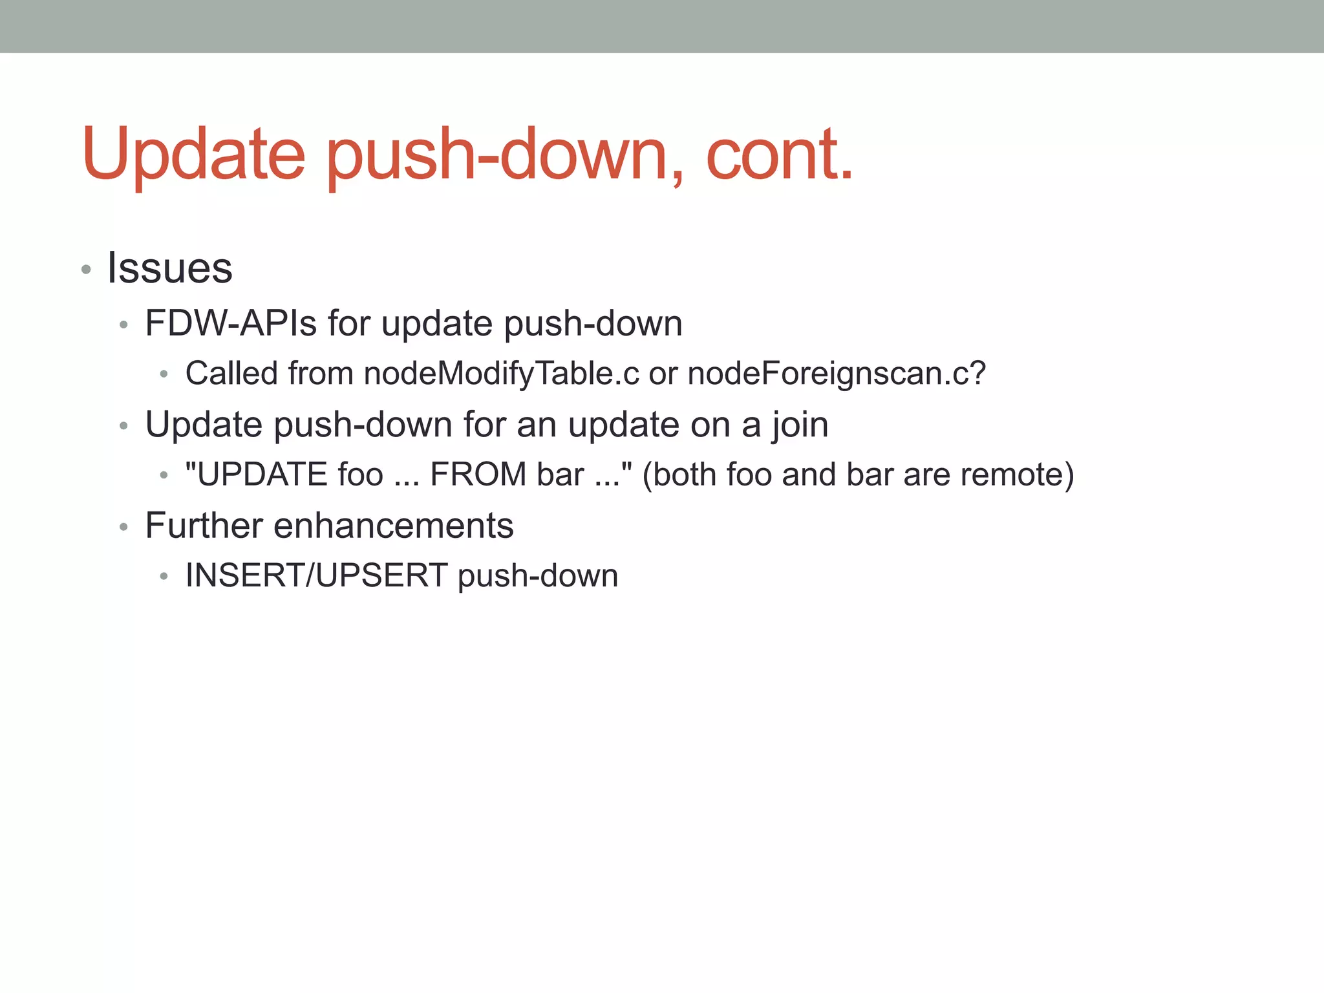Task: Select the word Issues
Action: (x=169, y=268)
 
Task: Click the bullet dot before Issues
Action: (x=86, y=270)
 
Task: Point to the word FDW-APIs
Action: (x=231, y=323)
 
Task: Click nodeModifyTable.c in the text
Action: (x=501, y=374)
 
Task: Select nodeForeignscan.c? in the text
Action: (x=836, y=374)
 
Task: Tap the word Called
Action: (x=232, y=374)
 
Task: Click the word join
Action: (x=800, y=425)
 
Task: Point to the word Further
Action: (x=203, y=526)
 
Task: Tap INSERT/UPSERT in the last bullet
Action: (x=316, y=575)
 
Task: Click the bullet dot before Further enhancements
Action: (x=123, y=528)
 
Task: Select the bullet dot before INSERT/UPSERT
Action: (x=164, y=577)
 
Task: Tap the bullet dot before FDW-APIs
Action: (x=123, y=325)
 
